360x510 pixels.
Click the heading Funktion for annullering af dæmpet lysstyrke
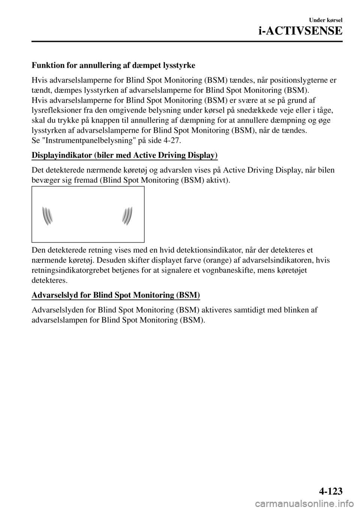coord(113,66)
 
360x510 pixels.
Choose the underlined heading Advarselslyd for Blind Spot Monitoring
coord(116,295)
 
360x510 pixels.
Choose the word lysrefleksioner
coord(55,111)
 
